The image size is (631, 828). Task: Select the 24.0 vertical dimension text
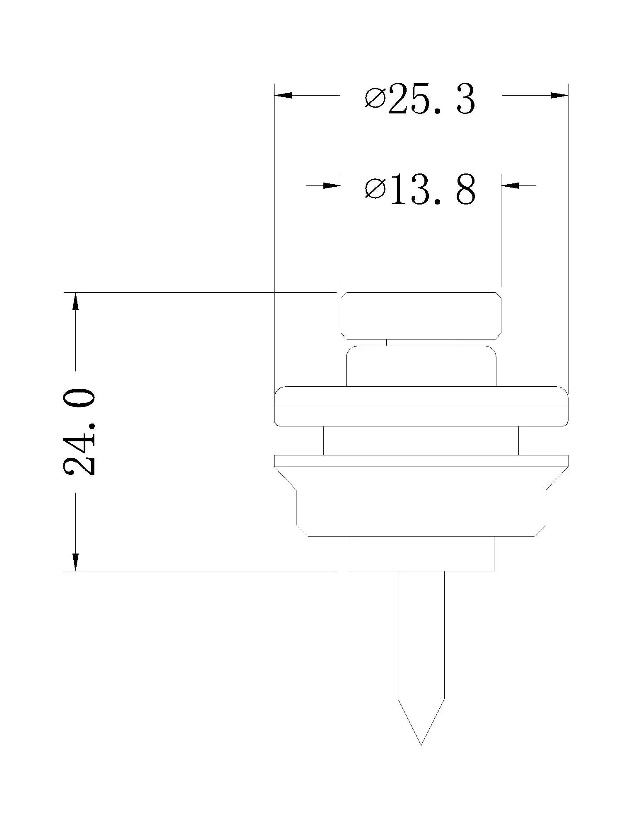click(79, 431)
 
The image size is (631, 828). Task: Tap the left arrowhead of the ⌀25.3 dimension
click(283, 95)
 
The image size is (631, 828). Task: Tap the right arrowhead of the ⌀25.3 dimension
click(559, 95)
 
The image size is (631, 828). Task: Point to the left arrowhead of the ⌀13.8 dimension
click(332, 185)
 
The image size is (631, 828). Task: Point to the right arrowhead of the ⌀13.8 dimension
click(510, 185)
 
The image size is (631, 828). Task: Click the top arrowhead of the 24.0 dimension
click(75, 301)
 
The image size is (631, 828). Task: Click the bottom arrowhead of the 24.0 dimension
click(75, 562)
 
